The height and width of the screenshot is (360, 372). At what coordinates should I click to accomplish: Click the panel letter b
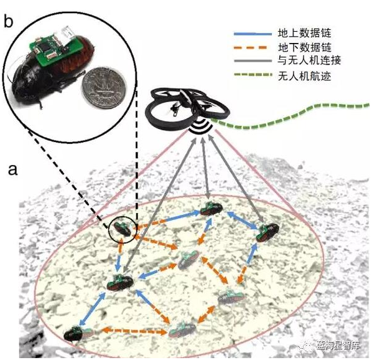click(9, 22)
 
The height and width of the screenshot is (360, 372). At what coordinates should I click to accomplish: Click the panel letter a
click(13, 170)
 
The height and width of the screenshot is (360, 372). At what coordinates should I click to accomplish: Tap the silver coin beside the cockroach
click(104, 88)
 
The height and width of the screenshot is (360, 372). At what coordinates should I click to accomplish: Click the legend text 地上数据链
click(304, 33)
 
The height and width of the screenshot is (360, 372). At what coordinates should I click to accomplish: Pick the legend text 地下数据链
click(305, 47)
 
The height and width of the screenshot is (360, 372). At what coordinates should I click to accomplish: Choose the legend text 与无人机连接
click(309, 60)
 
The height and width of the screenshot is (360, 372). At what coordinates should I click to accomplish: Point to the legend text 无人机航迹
click(304, 76)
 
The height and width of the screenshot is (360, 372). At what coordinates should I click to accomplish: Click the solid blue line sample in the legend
click(253, 34)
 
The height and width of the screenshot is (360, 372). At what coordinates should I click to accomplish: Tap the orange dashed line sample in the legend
click(251, 47)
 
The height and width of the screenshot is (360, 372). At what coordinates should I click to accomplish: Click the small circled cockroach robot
click(122, 229)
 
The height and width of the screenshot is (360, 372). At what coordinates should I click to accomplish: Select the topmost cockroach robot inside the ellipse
click(211, 209)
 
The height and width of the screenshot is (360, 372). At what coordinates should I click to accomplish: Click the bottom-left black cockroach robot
click(78, 333)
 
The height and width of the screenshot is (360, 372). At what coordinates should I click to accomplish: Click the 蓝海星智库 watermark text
click(338, 346)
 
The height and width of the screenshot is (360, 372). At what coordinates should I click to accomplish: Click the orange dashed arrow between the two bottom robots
click(134, 331)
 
